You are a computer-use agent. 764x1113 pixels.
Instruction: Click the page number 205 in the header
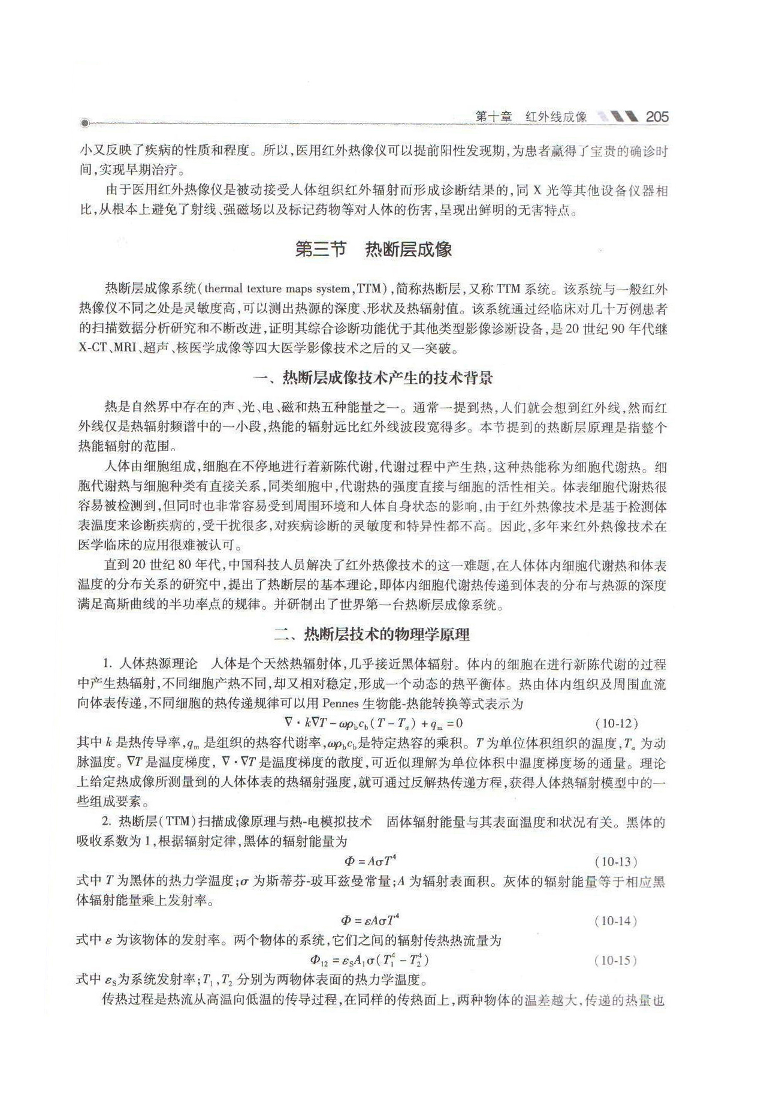pyautogui.click(x=657, y=117)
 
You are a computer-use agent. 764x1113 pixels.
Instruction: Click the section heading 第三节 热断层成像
pyautogui.click(x=373, y=249)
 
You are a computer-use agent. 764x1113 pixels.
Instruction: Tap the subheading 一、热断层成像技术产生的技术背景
pyautogui.click(x=373, y=378)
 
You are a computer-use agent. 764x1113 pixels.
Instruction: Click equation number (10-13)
pyautogui.click(x=616, y=862)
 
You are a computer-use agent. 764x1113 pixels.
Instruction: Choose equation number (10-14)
pyautogui.click(x=616, y=921)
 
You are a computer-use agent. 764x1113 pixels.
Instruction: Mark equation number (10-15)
pyautogui.click(x=616, y=960)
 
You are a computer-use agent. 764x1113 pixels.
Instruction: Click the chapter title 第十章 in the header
pyautogui.click(x=493, y=117)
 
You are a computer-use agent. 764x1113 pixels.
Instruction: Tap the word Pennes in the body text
pyautogui.click(x=340, y=704)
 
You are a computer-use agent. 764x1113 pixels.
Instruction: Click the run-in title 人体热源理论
pyautogui.click(x=158, y=664)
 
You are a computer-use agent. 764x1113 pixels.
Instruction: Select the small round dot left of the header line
pyautogui.click(x=84, y=124)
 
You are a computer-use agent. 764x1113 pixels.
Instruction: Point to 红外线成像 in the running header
pyautogui.click(x=555, y=117)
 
